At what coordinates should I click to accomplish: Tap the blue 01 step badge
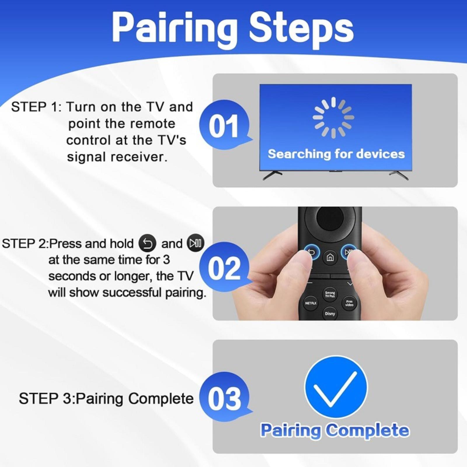pos(224,125)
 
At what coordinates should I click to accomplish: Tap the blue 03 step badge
pos(224,397)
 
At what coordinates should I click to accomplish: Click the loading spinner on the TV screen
pos(333,117)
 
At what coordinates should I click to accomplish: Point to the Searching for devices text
pos(336,154)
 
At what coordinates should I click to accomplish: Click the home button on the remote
pos(330,257)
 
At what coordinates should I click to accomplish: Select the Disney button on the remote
pos(330,314)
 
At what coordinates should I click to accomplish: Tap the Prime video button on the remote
pos(349,303)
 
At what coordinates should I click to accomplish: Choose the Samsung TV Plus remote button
pos(330,294)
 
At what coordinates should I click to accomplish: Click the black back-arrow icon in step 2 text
pos(147,243)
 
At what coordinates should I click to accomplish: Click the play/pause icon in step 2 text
pos(196,243)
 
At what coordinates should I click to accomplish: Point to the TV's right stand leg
pos(399,175)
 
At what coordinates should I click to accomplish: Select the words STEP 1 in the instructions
pos(35,107)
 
